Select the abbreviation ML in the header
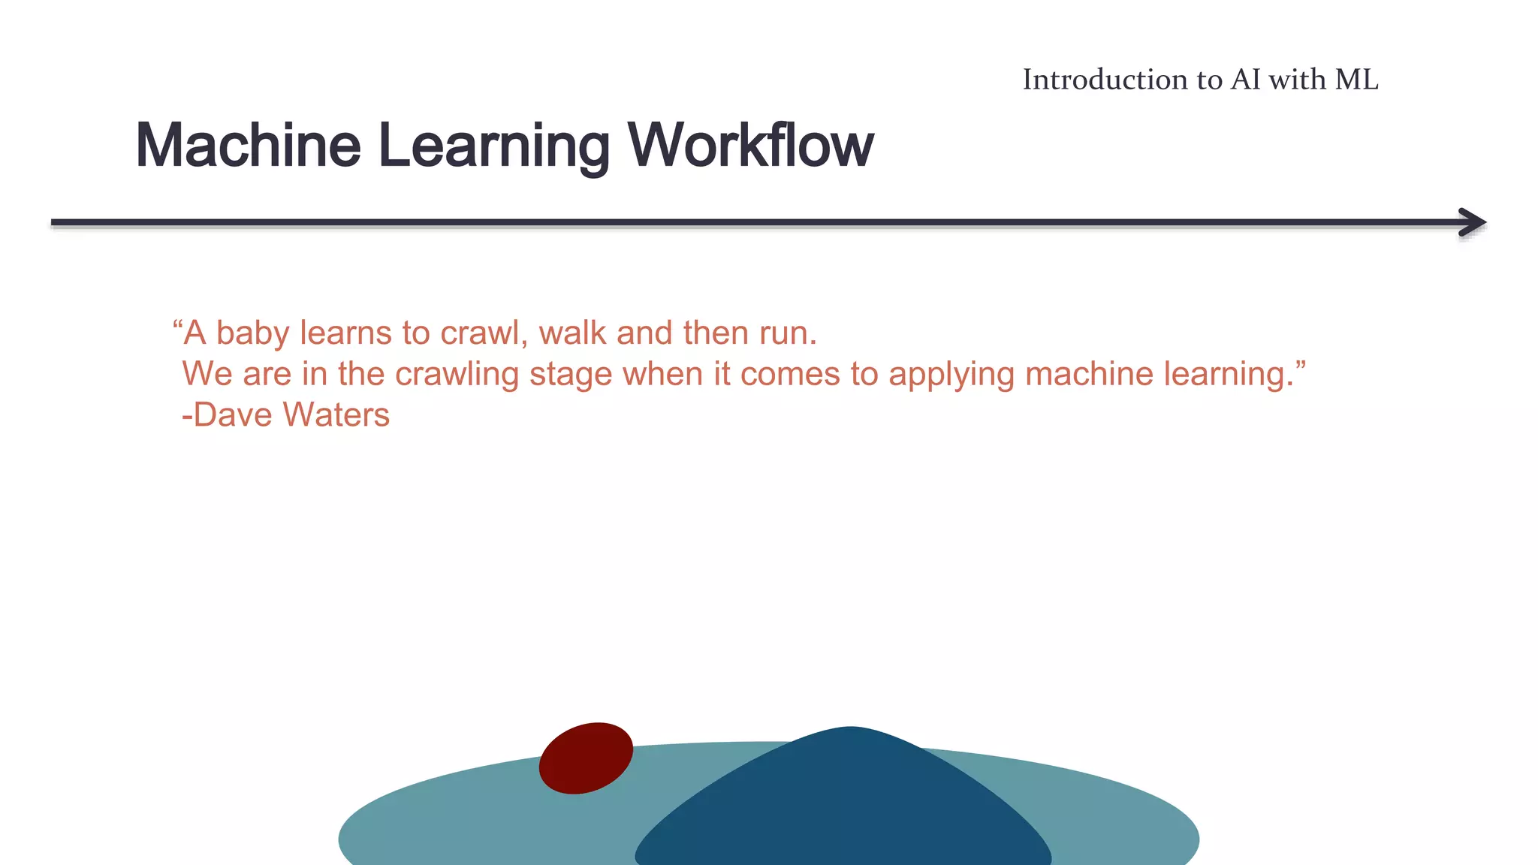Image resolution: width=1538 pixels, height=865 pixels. pyautogui.click(x=1356, y=80)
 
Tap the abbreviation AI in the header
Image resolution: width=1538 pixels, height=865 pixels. pyautogui.click(x=1245, y=80)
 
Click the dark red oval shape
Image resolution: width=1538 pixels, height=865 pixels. pyautogui.click(x=586, y=758)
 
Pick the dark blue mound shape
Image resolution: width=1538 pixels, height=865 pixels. pyautogui.click(x=845, y=803)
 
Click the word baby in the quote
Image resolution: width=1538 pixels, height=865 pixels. pyautogui.click(x=252, y=333)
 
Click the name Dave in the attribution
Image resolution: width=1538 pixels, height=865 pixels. pyautogui.click(x=232, y=414)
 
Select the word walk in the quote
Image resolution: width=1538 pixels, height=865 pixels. pyautogui.click(x=572, y=333)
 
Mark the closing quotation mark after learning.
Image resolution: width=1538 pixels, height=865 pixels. pyautogui.click(x=1300, y=366)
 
